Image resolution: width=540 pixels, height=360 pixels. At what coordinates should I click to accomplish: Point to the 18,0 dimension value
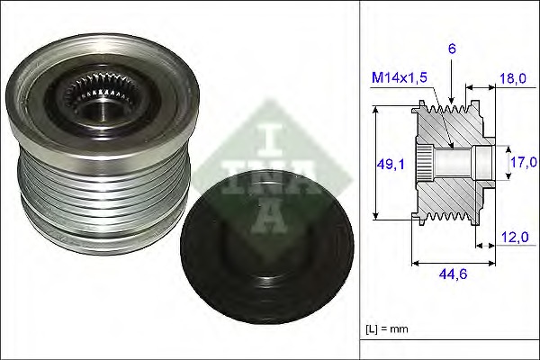[x=513, y=78]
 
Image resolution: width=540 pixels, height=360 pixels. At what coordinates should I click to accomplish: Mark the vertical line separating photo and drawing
[x=360, y=180]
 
